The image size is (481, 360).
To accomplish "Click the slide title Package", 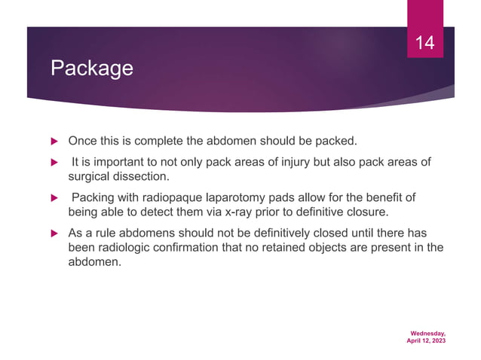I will (x=91, y=69).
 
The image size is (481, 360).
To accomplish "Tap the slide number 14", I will (x=426, y=43).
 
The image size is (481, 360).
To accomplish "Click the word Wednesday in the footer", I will (x=427, y=332).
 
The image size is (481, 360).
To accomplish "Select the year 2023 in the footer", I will (x=437, y=341).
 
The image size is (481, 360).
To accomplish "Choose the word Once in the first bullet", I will (x=81, y=141).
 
